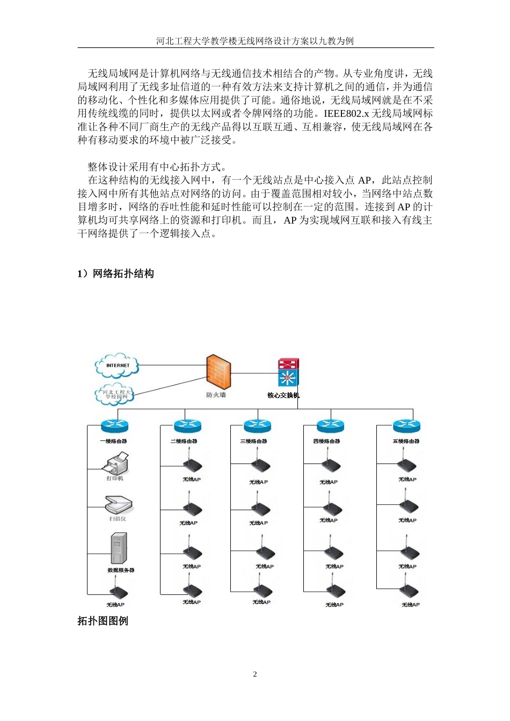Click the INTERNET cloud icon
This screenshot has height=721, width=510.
coord(117,366)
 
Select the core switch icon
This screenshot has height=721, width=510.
coord(288,372)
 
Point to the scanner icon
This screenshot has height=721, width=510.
coord(118,505)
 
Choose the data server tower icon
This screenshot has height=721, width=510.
coord(119,549)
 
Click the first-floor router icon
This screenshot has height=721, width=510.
coord(115,426)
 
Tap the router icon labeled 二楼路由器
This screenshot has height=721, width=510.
coord(187,426)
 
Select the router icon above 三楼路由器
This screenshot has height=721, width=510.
coord(257,426)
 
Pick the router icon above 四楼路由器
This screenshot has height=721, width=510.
coord(330,426)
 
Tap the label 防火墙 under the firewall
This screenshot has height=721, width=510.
coord(216,395)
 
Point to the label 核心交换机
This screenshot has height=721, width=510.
coord(283,395)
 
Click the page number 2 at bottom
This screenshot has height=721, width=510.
coord(255,674)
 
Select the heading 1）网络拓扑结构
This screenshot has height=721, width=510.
coord(115,274)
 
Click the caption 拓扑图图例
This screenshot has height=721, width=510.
coord(103,621)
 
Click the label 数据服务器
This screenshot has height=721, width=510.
coord(121,570)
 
